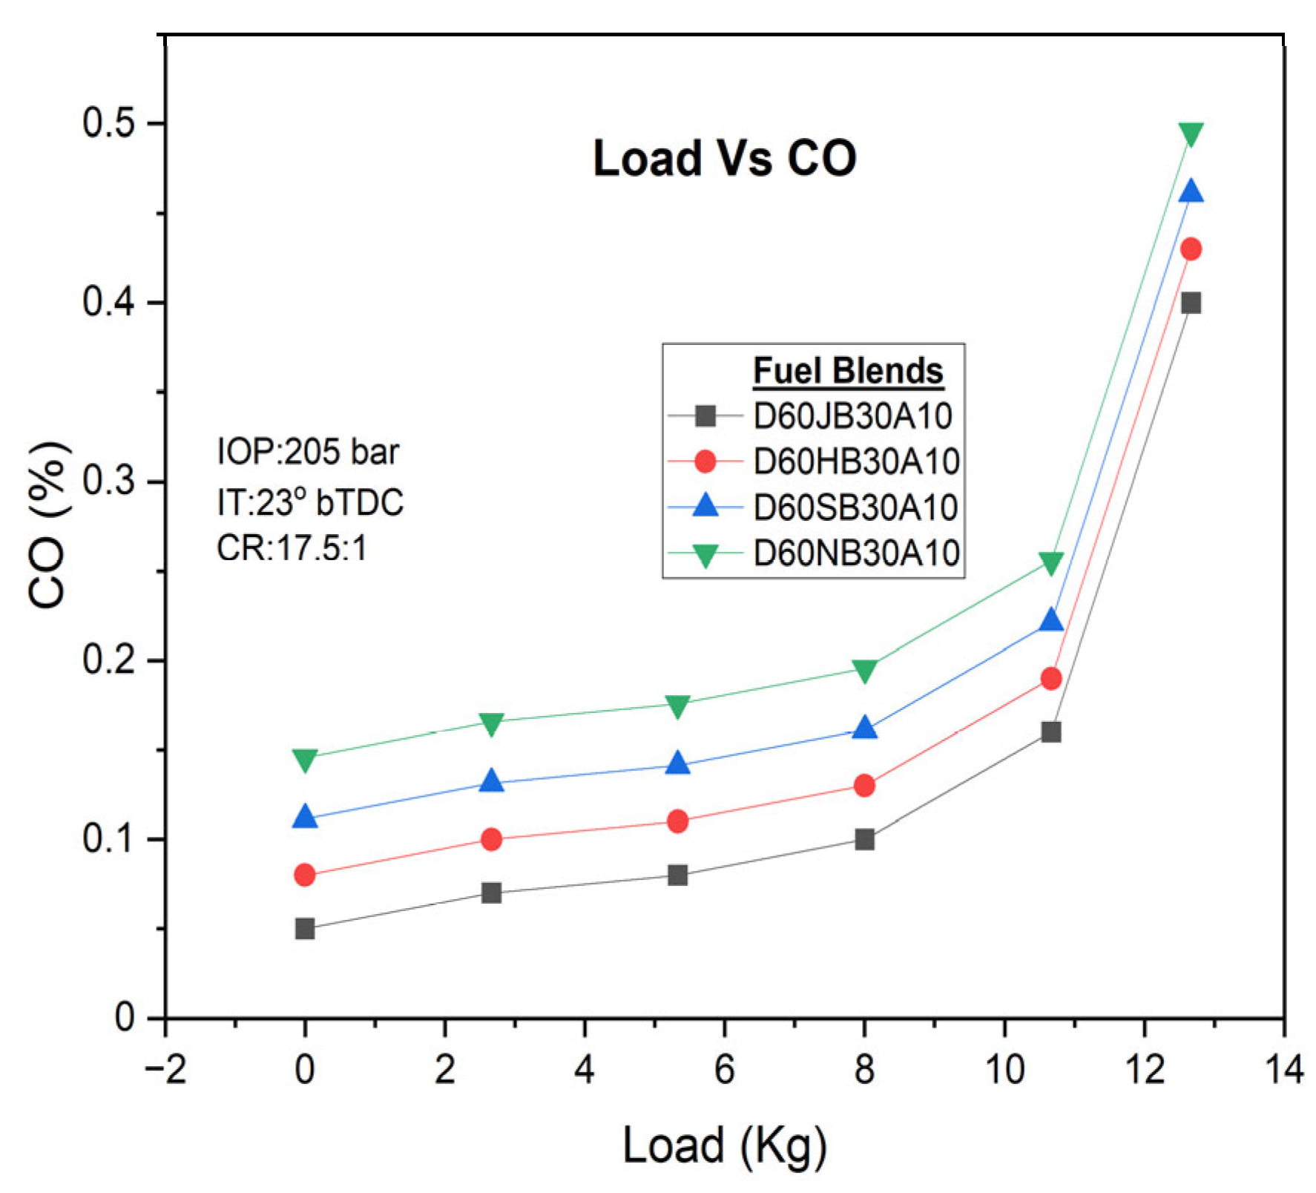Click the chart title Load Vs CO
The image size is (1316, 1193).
point(724,158)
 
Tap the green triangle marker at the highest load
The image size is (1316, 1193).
point(1191,134)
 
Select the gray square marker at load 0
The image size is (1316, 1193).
point(305,929)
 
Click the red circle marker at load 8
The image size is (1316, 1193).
point(864,785)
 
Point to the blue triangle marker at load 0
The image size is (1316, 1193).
point(305,818)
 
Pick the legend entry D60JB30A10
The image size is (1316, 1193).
point(852,416)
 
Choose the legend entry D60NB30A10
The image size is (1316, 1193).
point(856,553)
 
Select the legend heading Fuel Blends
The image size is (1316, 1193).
point(848,371)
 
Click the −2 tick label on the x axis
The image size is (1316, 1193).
point(165,1070)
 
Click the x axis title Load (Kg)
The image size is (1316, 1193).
point(724,1146)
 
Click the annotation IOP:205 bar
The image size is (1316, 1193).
point(307,452)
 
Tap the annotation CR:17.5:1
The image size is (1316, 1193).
point(292,549)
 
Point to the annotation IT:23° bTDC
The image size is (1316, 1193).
point(310,502)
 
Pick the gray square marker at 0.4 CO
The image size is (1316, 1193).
point(1191,303)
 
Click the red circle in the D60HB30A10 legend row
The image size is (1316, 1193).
point(705,461)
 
